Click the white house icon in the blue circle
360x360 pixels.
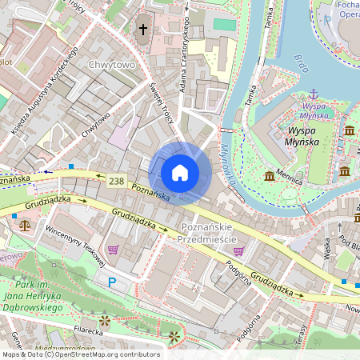180,173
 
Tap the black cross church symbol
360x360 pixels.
143,30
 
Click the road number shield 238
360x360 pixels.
117,182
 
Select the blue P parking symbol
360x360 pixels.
112,282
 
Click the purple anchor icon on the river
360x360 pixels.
314,94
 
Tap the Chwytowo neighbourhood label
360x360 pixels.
112,64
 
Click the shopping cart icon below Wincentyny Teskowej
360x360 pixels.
113,250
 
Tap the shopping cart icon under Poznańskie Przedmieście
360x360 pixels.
238,250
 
